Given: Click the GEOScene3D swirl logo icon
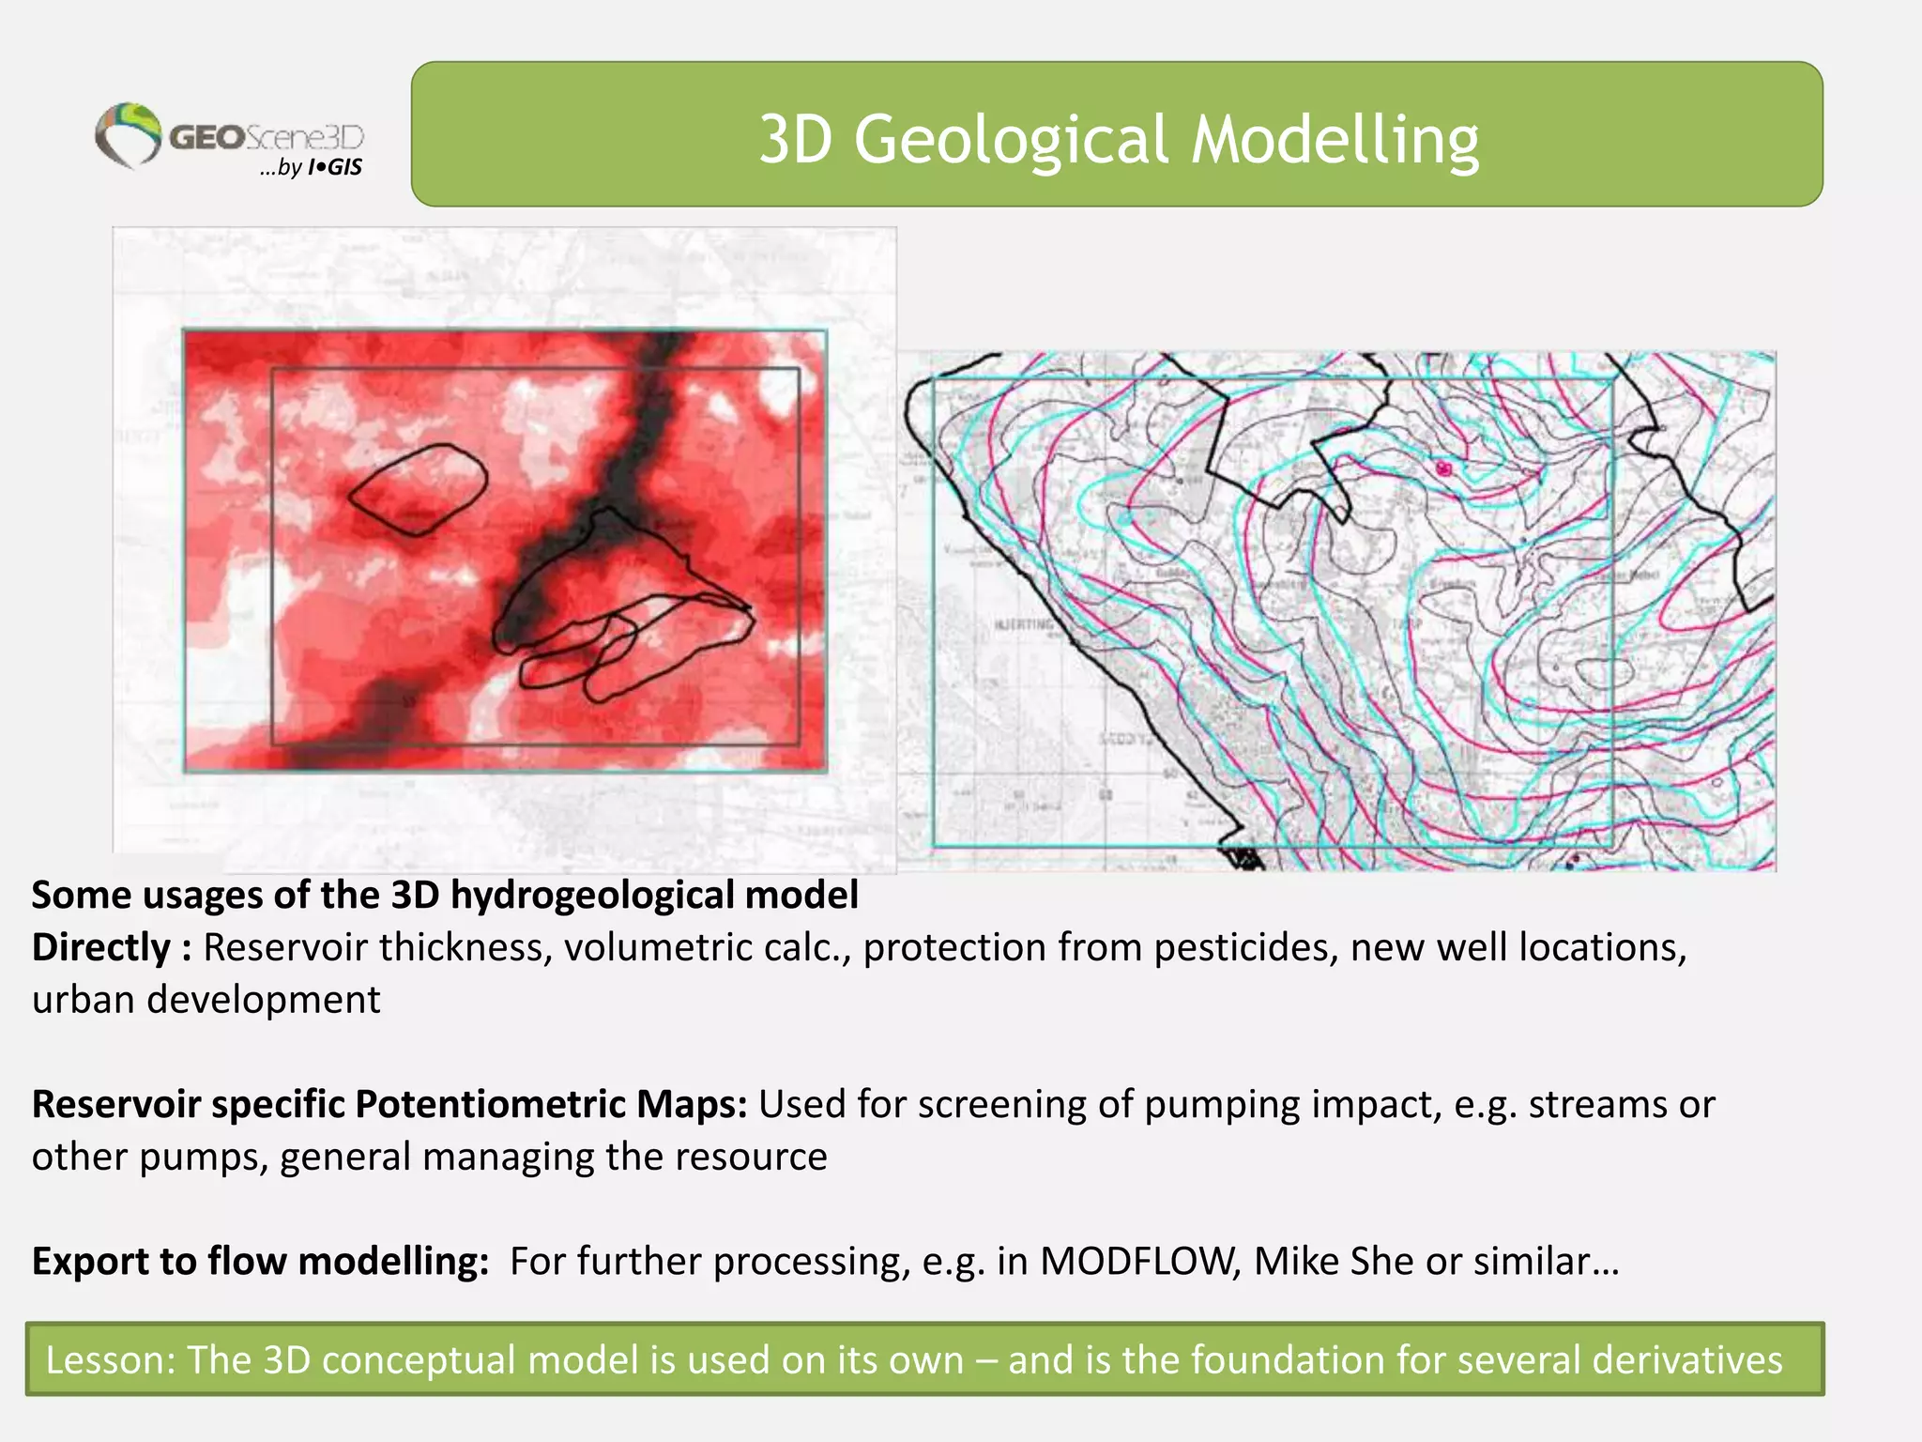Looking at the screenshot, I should [x=128, y=135].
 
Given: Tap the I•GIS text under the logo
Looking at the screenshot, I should [x=335, y=168].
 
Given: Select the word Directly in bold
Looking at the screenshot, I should [x=101, y=947].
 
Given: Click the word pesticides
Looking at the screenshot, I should [x=1244, y=947].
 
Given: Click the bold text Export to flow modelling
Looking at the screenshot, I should [x=260, y=1261].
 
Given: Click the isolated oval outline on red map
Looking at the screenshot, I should [x=419, y=489].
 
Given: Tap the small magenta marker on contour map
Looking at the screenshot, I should [x=1444, y=468].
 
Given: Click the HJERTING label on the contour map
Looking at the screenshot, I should [x=1023, y=624].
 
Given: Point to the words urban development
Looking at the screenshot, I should [x=206, y=1000].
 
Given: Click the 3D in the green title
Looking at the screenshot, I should [x=795, y=139].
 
